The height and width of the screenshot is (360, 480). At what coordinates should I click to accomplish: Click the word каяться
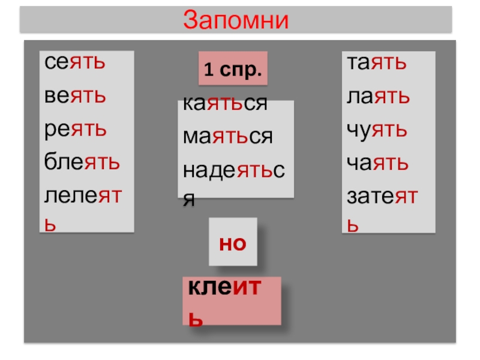[225, 104]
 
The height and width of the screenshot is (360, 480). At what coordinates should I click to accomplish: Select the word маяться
[228, 137]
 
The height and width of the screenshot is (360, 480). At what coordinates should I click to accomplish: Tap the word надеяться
[234, 170]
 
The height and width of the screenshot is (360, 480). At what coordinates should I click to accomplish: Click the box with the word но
[233, 242]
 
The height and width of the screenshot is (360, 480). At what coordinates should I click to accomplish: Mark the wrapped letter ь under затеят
[353, 226]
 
